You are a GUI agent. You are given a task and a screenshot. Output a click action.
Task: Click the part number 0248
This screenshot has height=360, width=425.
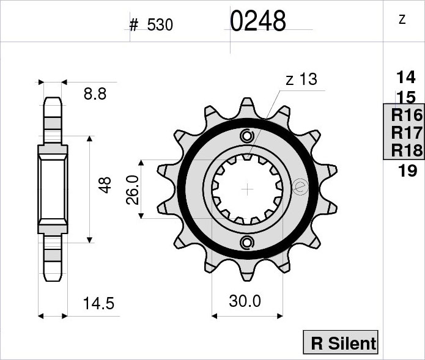tap(258, 21)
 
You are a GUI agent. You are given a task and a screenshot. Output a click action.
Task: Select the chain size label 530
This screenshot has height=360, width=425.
tap(160, 25)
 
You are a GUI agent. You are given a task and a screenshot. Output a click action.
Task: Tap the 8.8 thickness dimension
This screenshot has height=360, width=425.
tap(95, 94)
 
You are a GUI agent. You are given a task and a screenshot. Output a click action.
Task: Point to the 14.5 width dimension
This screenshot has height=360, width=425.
tap(98, 303)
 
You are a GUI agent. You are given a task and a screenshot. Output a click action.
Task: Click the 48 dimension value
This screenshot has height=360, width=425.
tap(105, 185)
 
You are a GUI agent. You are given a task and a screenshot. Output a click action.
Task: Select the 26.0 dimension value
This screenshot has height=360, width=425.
tap(133, 189)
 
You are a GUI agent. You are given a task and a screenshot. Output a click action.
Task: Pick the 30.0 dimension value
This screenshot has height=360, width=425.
tap(245, 301)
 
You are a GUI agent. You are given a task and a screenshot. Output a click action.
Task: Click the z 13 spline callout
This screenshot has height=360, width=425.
tap(301, 79)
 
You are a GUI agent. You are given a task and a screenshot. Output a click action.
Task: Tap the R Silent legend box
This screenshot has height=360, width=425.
tap(341, 342)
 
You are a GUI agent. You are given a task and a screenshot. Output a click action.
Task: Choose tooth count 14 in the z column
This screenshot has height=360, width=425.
tap(406, 77)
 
